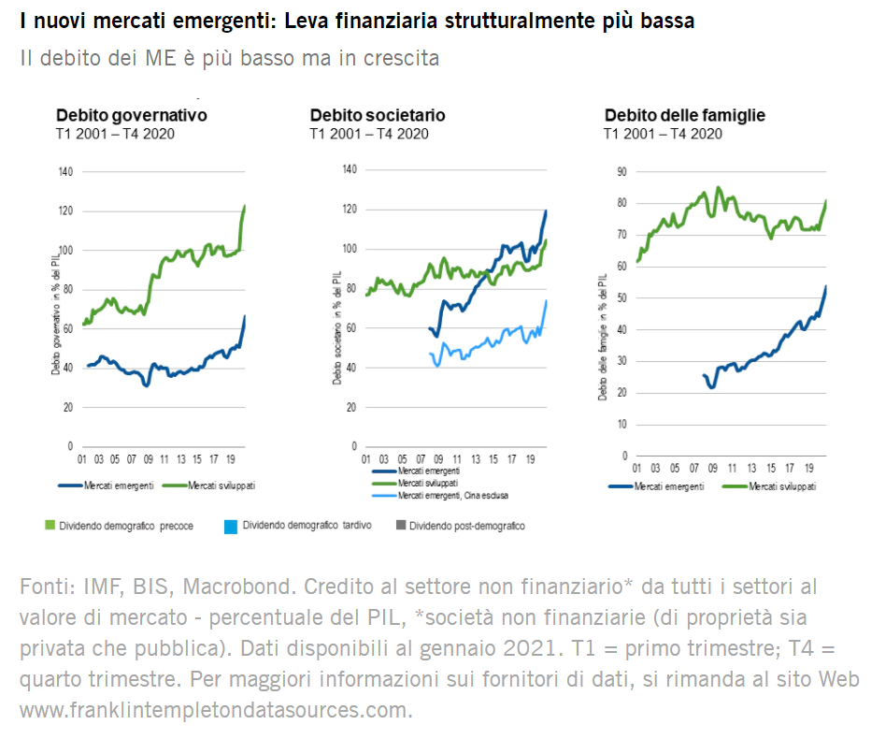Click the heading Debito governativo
tap(131, 115)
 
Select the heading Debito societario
tap(378, 115)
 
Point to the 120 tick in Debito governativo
tap(64, 211)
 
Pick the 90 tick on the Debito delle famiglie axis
tap(621, 171)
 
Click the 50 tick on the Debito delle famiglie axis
tap(621, 297)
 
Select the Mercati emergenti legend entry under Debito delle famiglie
tap(672, 486)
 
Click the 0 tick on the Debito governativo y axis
tap(69, 446)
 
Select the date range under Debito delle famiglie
tap(663, 134)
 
